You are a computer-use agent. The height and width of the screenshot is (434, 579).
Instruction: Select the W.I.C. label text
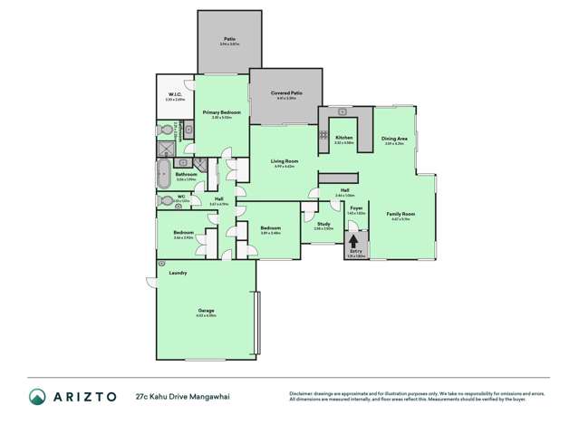pos(176,95)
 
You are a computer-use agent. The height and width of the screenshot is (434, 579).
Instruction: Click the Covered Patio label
pos(285,92)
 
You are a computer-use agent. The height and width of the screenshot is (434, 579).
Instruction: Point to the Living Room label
pos(285,160)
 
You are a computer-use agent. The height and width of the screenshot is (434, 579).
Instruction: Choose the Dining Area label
pos(394,139)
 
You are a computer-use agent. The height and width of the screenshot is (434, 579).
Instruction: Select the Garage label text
pos(207,310)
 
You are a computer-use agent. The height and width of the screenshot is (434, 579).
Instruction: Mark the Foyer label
pos(357,207)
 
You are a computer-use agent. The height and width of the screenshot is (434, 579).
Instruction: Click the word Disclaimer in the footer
pos(301,391)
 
